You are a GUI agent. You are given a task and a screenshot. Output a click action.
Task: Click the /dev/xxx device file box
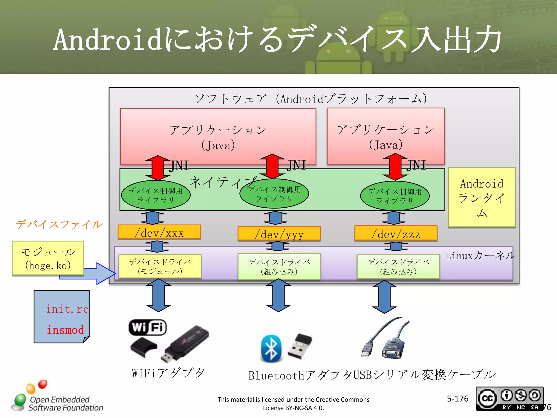click(159, 232)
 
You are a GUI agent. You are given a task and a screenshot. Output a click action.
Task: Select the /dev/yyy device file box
click(279, 233)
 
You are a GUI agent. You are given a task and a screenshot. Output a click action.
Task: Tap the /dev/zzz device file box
click(396, 233)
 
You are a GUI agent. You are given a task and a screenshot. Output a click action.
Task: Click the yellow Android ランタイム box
click(482, 198)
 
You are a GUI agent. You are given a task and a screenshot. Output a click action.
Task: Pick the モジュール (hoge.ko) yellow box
click(48, 258)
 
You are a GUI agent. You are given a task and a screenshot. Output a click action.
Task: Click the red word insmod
click(65, 330)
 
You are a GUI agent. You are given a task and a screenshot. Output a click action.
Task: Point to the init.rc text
click(67, 309)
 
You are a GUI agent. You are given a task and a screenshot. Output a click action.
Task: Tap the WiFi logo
click(148, 327)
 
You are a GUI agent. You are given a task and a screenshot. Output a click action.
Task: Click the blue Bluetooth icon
click(271, 349)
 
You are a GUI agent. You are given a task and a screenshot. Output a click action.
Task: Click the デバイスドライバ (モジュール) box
click(160, 266)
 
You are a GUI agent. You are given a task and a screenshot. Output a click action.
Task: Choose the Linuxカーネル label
click(480, 256)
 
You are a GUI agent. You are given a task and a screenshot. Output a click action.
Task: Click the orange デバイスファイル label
click(59, 225)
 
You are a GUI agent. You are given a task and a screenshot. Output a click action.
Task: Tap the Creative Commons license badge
click(509, 398)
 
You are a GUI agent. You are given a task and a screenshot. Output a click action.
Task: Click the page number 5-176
click(457, 399)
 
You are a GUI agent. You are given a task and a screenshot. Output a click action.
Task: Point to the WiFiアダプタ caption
click(168, 373)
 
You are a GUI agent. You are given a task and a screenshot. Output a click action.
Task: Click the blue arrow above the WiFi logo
click(159, 295)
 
